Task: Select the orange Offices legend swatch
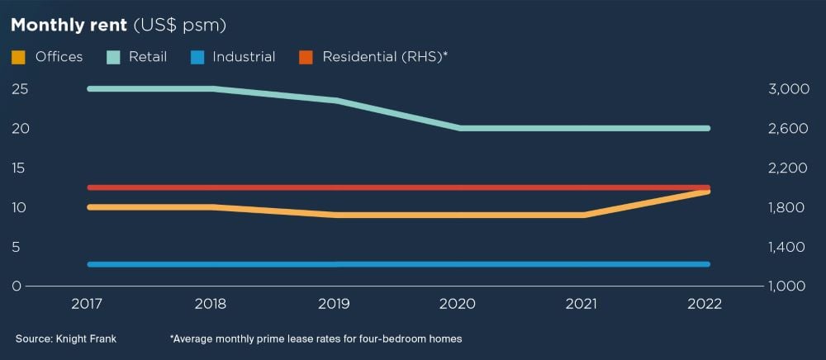(x=18, y=57)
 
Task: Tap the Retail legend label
(x=148, y=57)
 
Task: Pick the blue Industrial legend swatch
(x=196, y=57)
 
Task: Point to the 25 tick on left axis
(x=18, y=89)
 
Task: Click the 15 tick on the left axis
(x=18, y=168)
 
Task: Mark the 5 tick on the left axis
(x=17, y=247)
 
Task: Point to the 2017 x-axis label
(x=88, y=304)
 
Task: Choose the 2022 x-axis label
(x=704, y=304)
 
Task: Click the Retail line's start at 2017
(x=89, y=88)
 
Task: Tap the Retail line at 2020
(x=459, y=128)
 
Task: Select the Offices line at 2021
(x=583, y=215)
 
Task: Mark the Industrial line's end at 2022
(x=708, y=264)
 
